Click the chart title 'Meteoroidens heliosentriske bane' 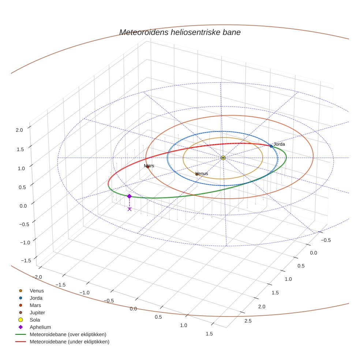point(180,32)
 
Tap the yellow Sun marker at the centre point(223,158)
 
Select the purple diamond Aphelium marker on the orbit point(129,196)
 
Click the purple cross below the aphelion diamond point(129,209)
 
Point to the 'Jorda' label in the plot point(279,144)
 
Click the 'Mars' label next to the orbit point(149,166)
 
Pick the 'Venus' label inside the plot point(202,173)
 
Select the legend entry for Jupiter point(37,312)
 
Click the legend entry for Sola point(35,320)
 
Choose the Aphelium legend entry point(40,327)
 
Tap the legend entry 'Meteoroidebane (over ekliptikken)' point(68,334)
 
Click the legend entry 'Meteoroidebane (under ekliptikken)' point(70,342)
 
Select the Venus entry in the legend point(37,291)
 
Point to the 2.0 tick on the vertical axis point(19,130)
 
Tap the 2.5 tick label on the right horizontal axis point(248,321)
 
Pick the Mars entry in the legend point(35,305)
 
